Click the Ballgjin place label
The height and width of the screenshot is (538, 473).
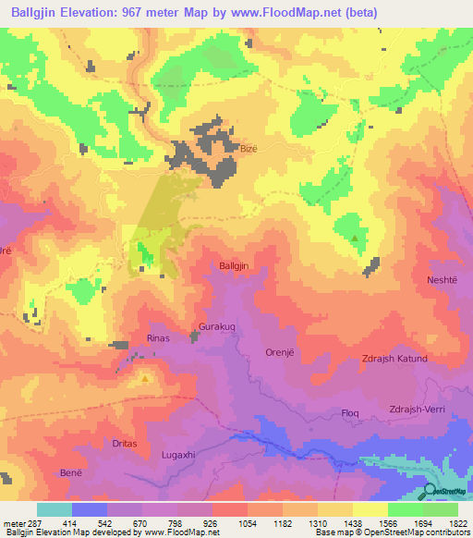(x=235, y=266)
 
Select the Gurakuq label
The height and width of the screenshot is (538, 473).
(x=218, y=327)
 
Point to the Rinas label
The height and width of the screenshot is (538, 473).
(x=159, y=338)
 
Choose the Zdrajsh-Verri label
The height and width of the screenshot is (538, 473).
(x=424, y=411)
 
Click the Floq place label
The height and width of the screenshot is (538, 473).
(x=350, y=412)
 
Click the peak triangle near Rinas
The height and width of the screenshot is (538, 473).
(x=145, y=378)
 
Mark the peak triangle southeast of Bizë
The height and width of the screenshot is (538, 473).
(x=355, y=238)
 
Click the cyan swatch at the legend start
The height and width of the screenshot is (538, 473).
(x=54, y=509)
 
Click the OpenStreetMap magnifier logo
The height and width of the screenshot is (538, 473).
(x=431, y=491)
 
